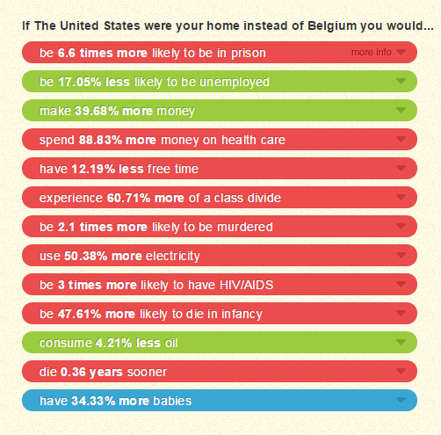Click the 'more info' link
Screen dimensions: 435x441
point(371,53)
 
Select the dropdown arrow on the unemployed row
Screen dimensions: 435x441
point(401,82)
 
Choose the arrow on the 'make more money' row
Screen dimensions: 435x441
point(401,111)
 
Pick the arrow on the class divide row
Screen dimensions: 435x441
point(401,198)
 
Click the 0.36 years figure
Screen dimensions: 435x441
point(91,373)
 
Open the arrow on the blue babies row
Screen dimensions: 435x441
point(401,401)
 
